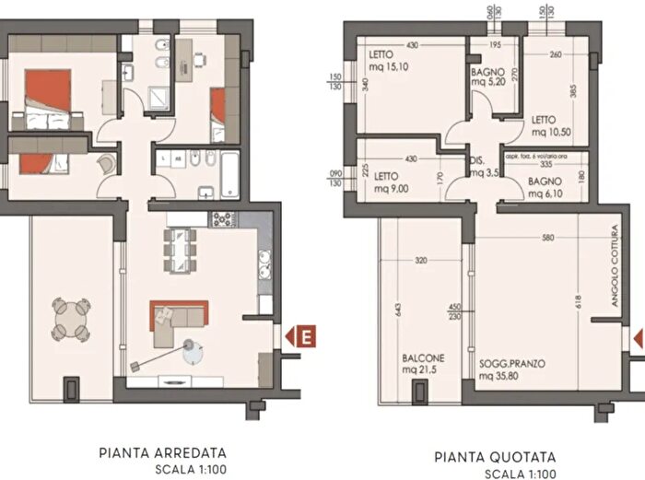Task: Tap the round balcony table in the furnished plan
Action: (x=71, y=319)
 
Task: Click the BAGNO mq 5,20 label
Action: (x=487, y=76)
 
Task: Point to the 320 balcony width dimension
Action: (x=422, y=261)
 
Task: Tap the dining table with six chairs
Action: (x=181, y=246)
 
